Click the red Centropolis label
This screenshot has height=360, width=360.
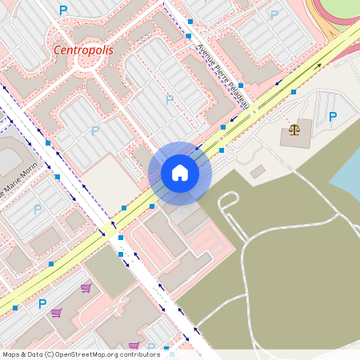click(x=83, y=50)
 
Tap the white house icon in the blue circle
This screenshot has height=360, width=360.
click(x=180, y=173)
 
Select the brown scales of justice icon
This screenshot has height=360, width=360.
click(x=294, y=129)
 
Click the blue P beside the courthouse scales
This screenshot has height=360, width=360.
click(x=333, y=117)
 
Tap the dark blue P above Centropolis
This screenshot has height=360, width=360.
click(x=63, y=10)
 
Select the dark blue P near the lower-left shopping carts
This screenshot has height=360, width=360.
click(x=42, y=304)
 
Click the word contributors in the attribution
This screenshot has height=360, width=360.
click(x=141, y=354)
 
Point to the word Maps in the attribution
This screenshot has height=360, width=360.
click(x=11, y=354)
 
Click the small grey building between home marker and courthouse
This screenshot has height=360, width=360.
click(x=257, y=171)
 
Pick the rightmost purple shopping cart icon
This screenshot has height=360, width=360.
click(x=134, y=346)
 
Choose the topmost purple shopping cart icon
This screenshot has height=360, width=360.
click(x=86, y=288)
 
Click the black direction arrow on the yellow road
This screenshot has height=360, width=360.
click(x=318, y=66)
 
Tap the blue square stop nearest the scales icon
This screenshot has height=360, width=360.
click(x=294, y=93)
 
